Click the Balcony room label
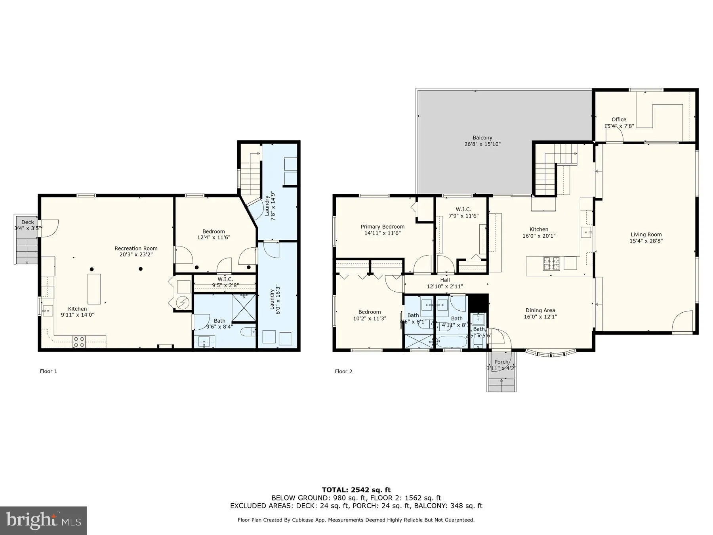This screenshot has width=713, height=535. click(482, 138)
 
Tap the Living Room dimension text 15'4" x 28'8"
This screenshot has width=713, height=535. click(646, 241)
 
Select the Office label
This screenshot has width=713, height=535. click(619, 119)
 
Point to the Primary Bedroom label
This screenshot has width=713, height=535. click(382, 227)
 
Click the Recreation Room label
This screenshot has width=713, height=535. click(136, 248)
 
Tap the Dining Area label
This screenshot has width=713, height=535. click(540, 310)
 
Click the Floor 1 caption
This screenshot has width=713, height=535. click(48, 371)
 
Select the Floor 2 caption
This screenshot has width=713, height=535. click(343, 371)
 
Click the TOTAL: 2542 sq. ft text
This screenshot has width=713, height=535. click(356, 490)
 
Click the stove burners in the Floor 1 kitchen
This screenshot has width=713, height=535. click(79, 342)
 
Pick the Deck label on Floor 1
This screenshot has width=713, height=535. click(28, 222)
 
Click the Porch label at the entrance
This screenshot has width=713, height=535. click(501, 362)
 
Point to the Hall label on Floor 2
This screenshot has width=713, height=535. click(445, 280)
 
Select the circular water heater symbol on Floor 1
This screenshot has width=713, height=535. click(183, 303)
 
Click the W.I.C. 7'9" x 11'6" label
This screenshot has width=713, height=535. click(463, 209)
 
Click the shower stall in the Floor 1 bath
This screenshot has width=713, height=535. click(244, 308)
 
